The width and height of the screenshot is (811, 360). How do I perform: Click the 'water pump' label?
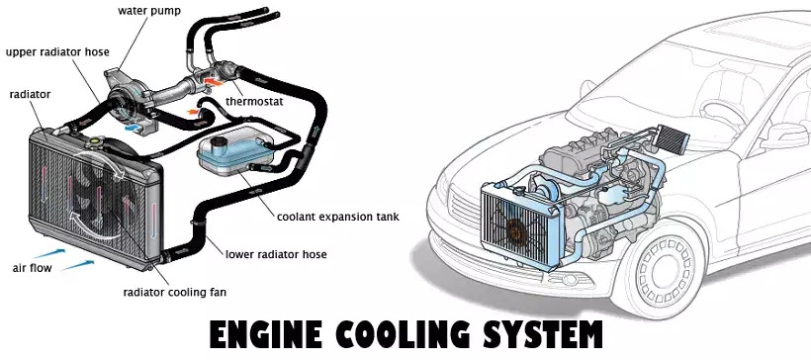pos(149,11)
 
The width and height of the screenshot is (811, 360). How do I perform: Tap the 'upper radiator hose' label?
pos(57,51)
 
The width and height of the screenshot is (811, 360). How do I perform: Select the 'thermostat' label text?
pos(254,102)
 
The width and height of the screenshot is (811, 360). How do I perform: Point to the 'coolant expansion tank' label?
pos(337,217)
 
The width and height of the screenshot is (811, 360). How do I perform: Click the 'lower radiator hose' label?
pos(276,254)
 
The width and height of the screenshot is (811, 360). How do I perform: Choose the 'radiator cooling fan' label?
pos(174,292)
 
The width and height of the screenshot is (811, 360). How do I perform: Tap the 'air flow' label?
pos(32,268)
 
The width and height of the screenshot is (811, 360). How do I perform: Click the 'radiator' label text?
pos(30,95)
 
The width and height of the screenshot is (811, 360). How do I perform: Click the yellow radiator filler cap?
pos(95,140)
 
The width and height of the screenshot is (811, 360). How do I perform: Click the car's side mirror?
pos(783,135)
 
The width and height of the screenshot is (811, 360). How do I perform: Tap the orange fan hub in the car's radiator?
pos(515,231)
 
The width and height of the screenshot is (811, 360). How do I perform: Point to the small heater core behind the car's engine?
pos(673,138)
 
